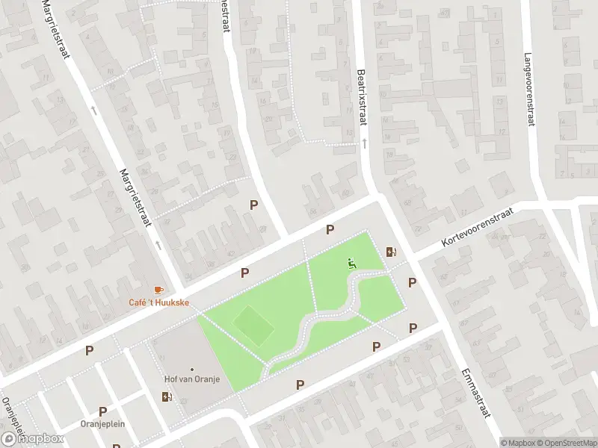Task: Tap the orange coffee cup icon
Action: [x=158, y=290]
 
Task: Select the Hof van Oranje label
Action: [x=192, y=379]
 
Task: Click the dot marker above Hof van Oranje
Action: [x=192, y=369]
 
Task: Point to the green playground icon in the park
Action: [x=351, y=262]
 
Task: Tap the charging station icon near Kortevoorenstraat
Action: [x=390, y=252]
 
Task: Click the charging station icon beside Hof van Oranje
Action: [x=166, y=396]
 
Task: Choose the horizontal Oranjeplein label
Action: [x=102, y=423]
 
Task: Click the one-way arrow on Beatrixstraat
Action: [x=364, y=142]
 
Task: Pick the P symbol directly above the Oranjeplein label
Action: [x=103, y=411]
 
